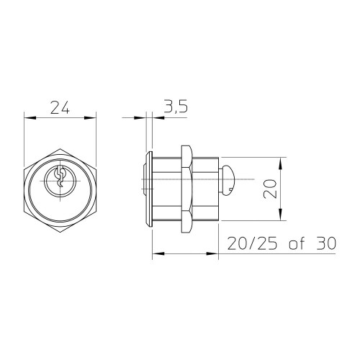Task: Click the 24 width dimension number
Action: pyautogui.click(x=60, y=107)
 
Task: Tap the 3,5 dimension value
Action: pyautogui.click(x=176, y=107)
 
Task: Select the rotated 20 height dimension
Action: pyautogui.click(x=270, y=189)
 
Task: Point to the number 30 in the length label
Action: pyautogui.click(x=326, y=243)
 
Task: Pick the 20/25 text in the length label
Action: pyautogui.click(x=252, y=243)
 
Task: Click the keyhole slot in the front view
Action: pyautogui.click(x=60, y=178)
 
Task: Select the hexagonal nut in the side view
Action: pyautogui.click(x=186, y=189)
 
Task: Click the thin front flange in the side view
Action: pyautogui.click(x=149, y=189)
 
